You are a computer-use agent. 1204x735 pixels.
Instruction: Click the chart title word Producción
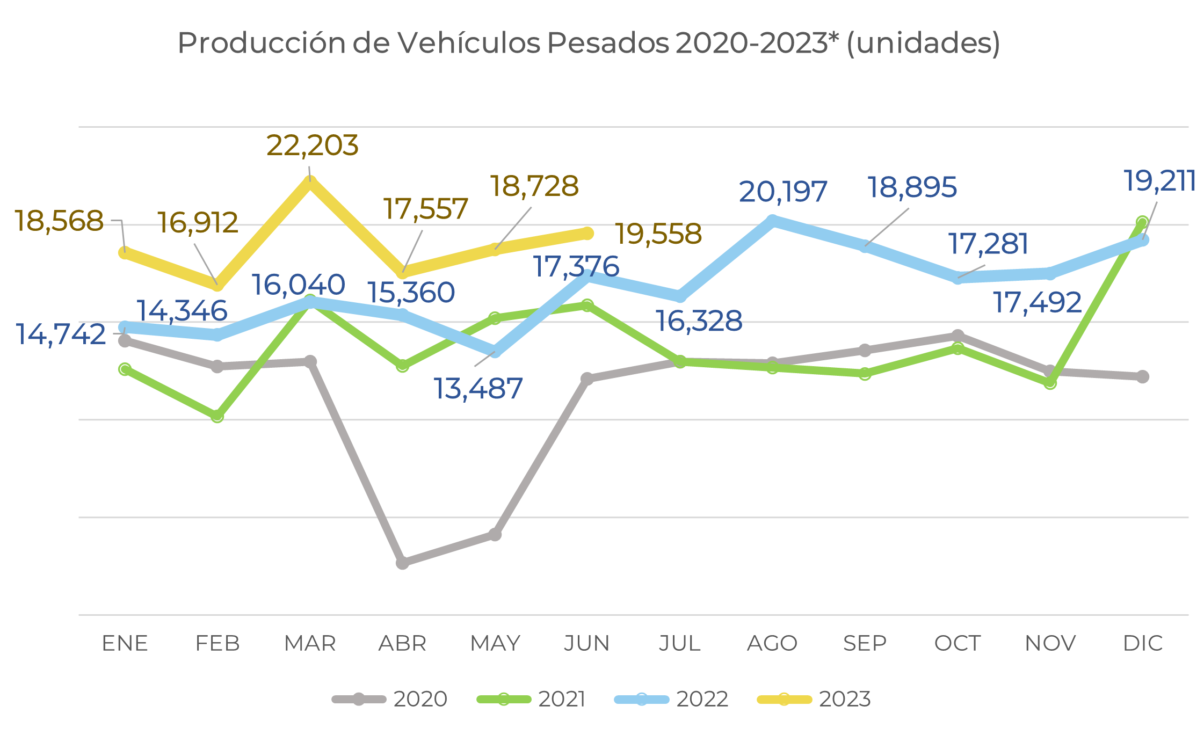click(x=262, y=43)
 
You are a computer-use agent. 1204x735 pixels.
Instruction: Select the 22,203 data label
click(x=312, y=145)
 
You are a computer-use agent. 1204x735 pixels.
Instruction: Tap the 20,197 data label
click(x=782, y=192)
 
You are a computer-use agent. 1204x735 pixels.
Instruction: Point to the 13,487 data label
click(x=477, y=389)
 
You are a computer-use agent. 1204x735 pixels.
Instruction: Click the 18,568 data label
click(x=59, y=221)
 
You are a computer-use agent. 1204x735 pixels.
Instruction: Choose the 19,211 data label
click(x=1159, y=181)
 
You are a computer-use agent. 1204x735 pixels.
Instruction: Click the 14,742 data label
click(x=61, y=335)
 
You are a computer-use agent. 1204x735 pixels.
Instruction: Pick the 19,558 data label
click(x=658, y=234)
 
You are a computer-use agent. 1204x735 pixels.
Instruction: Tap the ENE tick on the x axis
click(x=125, y=643)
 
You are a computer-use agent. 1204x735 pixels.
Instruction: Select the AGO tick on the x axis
click(x=772, y=643)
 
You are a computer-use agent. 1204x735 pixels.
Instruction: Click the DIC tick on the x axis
click(x=1143, y=643)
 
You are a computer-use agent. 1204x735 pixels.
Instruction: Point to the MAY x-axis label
click(x=495, y=643)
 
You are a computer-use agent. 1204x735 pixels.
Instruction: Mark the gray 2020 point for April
click(x=402, y=563)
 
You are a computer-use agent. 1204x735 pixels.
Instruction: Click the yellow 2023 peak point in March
click(x=310, y=182)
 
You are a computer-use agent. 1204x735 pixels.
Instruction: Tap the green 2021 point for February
click(x=217, y=416)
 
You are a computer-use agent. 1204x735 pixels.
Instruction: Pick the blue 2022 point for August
click(x=772, y=221)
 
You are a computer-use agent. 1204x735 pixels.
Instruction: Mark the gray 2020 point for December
click(x=1143, y=376)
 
